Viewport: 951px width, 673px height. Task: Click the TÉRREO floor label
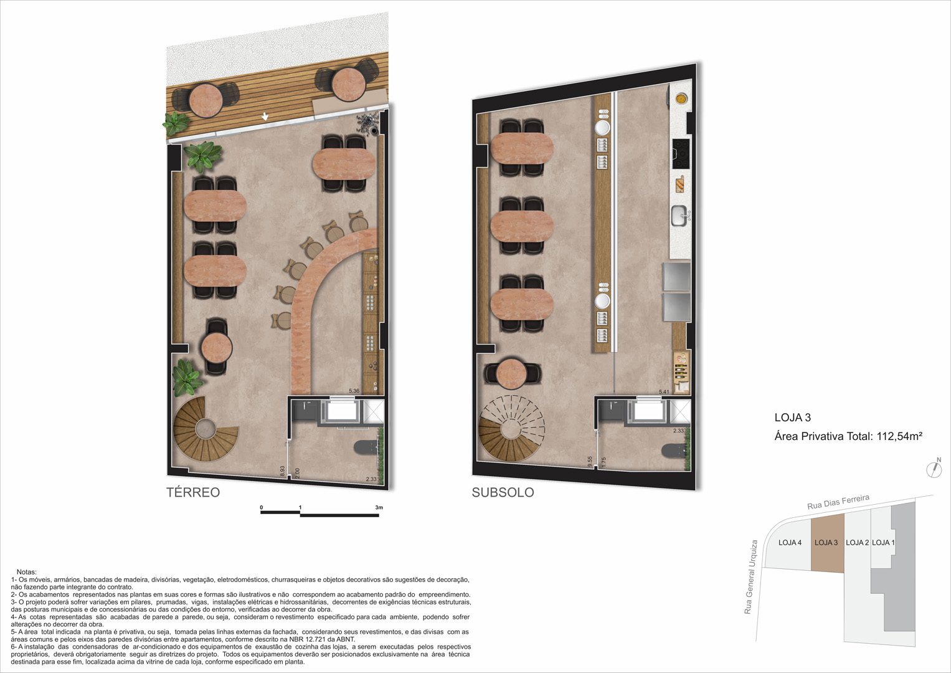pos(192,492)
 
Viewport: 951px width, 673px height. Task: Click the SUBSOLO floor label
pos(503,492)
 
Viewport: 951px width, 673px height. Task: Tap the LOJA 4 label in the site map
pos(790,543)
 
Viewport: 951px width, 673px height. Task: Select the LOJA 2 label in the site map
pos(857,543)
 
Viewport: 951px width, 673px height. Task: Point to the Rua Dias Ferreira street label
pos(838,502)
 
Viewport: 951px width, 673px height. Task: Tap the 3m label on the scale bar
pos(379,507)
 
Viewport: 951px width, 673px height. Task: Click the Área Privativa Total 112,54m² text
pos(848,436)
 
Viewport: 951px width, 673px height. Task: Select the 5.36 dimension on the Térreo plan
pos(354,391)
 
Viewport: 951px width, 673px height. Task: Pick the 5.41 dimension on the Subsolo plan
pos(664,392)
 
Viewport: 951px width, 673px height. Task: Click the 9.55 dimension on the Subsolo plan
pos(590,462)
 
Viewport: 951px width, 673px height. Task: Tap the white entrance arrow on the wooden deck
pos(265,116)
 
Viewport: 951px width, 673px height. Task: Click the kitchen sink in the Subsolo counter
pos(679,216)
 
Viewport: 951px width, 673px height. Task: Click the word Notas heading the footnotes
pos(27,572)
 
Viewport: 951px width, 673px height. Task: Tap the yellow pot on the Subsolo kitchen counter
pos(681,98)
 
